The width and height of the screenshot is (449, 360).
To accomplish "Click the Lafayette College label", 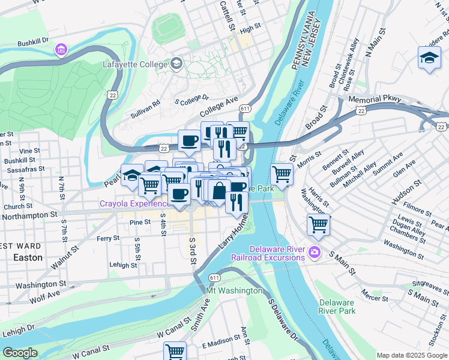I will [136, 63].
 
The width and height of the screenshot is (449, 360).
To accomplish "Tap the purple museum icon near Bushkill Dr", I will [61, 49].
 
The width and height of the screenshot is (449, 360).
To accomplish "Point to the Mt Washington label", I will [234, 291].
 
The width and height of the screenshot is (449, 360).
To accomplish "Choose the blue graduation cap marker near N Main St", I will [430, 58].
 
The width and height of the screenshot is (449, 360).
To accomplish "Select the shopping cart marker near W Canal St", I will [175, 350].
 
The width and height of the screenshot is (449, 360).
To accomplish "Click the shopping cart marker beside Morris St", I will [282, 175].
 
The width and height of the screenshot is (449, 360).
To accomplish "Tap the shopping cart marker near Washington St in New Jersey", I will [318, 225].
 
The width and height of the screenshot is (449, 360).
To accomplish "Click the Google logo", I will [20, 353].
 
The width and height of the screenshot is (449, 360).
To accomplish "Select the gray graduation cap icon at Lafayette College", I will [176, 63].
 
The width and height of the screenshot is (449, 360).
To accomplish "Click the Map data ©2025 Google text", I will [411, 355].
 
